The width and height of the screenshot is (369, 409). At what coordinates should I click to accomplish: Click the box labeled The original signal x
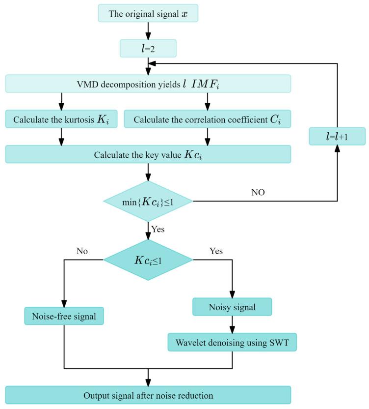pyautogui.click(x=148, y=13)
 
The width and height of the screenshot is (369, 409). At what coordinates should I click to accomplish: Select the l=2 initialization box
pyautogui.click(x=148, y=48)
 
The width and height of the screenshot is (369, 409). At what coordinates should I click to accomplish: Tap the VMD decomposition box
pyautogui.click(x=148, y=84)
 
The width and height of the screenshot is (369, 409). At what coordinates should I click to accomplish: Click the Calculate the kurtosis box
pyautogui.click(x=61, y=119)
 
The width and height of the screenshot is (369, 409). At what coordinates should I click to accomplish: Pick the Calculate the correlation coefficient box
pyautogui.click(x=207, y=119)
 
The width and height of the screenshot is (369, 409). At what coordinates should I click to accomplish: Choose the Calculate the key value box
pyautogui.click(x=148, y=154)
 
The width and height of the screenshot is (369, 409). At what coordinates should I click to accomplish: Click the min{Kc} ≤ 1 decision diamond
pyautogui.click(x=148, y=201)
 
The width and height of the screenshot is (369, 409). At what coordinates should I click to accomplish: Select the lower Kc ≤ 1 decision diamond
pyautogui.click(x=148, y=260)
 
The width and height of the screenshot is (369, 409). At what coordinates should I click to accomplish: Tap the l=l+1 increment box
pyautogui.click(x=337, y=136)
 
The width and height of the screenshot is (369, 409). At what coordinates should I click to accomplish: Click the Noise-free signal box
pyautogui.click(x=64, y=316)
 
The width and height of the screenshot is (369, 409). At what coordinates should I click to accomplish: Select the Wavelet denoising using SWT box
pyautogui.click(x=232, y=342)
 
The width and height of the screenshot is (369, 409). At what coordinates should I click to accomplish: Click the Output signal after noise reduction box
pyautogui.click(x=148, y=395)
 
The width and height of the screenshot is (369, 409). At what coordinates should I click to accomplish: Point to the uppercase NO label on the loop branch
pyautogui.click(x=258, y=193)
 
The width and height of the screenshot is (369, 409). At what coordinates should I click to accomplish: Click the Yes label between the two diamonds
pyautogui.click(x=158, y=229)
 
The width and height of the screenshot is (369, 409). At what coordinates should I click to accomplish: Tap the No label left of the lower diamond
pyautogui.click(x=82, y=251)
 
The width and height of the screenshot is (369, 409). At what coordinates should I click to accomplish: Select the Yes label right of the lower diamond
pyautogui.click(x=216, y=251)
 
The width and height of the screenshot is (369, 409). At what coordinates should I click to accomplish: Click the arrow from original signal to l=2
pyautogui.click(x=148, y=30)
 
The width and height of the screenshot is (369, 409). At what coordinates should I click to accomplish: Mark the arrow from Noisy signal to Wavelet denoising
pyautogui.click(x=232, y=324)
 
